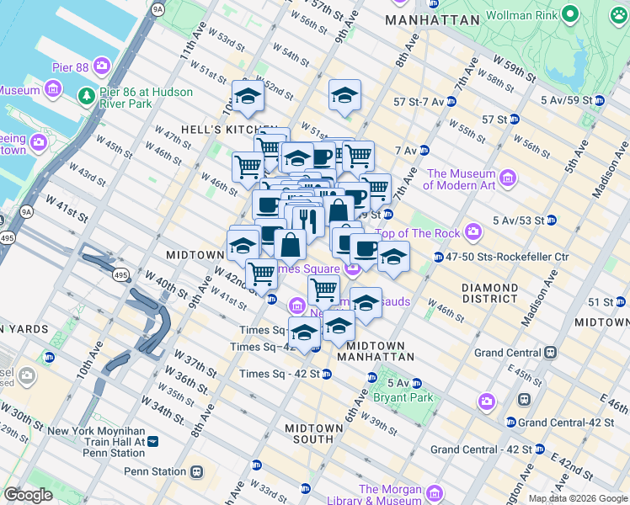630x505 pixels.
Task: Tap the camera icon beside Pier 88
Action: coord(103,65)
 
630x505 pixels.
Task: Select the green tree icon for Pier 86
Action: coord(86,95)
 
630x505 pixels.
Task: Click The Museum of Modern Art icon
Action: coord(507,178)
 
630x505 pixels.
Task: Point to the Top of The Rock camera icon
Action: coord(473,231)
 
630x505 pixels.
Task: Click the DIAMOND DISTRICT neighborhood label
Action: coord(489,293)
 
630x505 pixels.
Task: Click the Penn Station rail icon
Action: coord(197,472)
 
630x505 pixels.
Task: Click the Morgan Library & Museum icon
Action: coord(435,493)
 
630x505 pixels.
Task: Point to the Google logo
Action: coord(28,495)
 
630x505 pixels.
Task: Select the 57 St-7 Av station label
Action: coord(418,102)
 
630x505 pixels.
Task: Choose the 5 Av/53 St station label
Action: coord(521,221)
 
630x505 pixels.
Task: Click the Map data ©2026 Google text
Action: coord(577,498)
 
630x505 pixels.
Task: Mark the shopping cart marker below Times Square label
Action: coord(323,290)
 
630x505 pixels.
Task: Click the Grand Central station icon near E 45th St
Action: coord(550,352)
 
